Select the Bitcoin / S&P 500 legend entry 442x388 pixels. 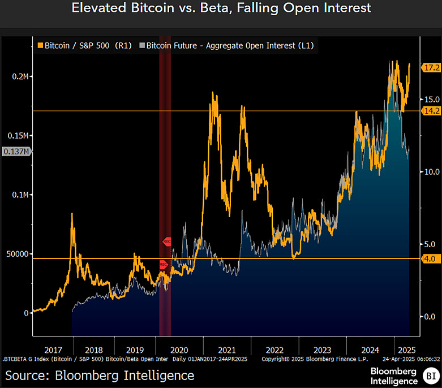[83, 45]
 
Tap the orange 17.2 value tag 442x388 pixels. [432, 67]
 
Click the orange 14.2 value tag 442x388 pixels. [432, 111]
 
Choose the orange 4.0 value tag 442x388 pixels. [430, 258]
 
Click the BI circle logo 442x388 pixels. [431, 375]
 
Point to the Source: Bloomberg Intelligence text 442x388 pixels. [100, 375]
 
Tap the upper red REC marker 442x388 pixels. [167, 241]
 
